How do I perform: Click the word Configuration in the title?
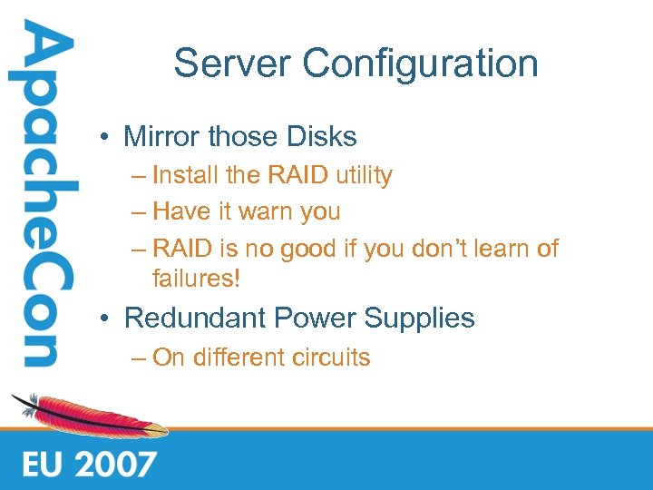click(x=420, y=64)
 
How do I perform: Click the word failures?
click(x=197, y=278)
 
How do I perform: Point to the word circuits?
click(x=332, y=358)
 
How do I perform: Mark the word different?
click(x=238, y=358)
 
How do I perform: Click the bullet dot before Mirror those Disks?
click(x=106, y=138)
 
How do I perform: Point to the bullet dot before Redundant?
click(x=106, y=319)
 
